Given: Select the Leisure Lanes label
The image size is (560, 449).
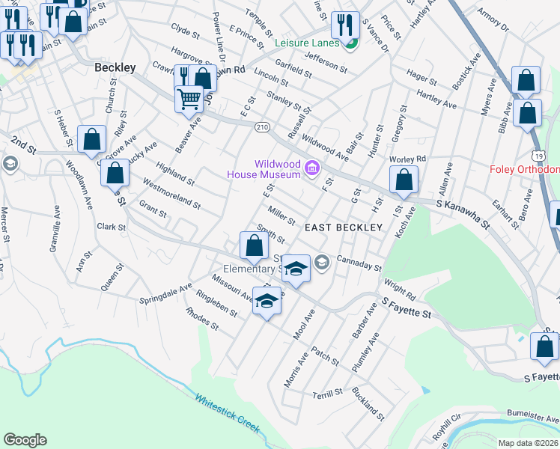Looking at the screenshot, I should pyautogui.click(x=307, y=43).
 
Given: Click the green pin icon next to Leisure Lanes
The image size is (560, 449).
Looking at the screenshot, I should pyautogui.click(x=350, y=43).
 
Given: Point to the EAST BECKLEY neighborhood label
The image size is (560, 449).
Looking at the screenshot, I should pyautogui.click(x=344, y=227).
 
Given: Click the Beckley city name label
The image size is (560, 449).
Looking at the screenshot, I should pyautogui.click(x=115, y=67).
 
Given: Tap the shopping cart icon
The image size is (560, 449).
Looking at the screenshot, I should pyautogui.click(x=189, y=98).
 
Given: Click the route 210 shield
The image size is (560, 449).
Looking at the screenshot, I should pyautogui.click(x=261, y=126).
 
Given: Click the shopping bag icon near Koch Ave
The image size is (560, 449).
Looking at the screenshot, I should pyautogui.click(x=404, y=179).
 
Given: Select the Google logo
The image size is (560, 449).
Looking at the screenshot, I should pyautogui.click(x=25, y=440).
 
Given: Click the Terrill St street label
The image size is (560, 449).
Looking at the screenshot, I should pyautogui.click(x=327, y=391).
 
